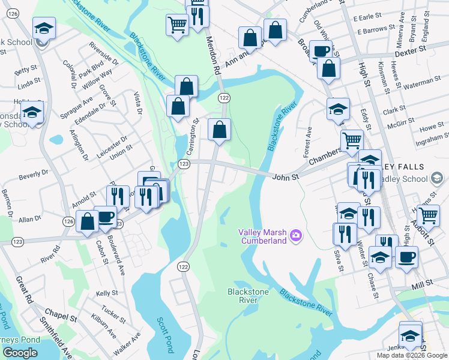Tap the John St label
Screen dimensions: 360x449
pos(285,177)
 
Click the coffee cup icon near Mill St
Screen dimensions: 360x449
pos(406,256)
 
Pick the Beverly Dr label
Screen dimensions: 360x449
pos(33,175)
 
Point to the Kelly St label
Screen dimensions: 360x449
pos(106,293)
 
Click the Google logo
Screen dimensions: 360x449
pos(20,353)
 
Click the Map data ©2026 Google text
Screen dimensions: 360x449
pos(412,355)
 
